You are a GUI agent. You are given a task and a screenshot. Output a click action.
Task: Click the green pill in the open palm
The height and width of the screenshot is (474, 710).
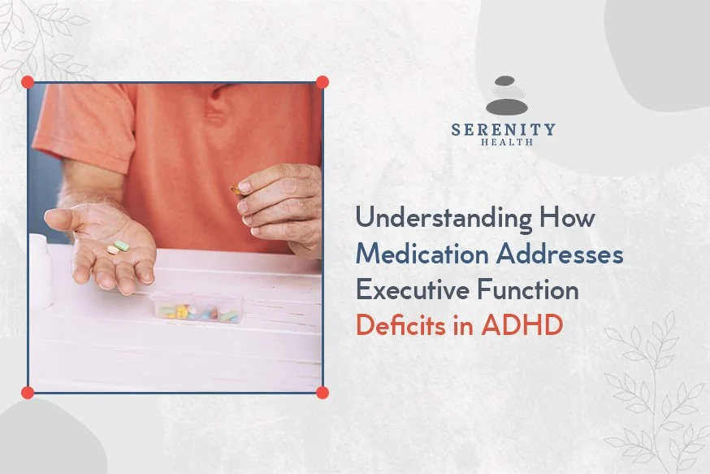(x=122, y=246)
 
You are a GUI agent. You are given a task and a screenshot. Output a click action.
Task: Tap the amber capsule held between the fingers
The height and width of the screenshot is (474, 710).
(x=236, y=191)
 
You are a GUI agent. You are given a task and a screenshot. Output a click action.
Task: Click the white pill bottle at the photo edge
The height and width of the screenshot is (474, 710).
(x=38, y=268)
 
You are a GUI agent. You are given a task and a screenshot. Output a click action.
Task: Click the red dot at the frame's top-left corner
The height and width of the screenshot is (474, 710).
(x=28, y=82)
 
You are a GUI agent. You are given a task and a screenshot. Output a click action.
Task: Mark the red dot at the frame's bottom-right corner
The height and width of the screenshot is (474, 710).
(x=322, y=392)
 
